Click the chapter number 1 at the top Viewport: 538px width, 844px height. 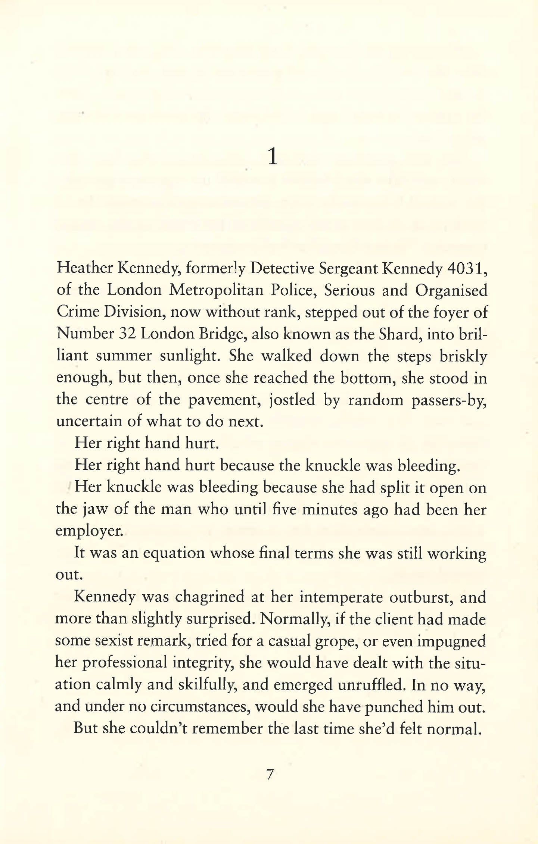tap(273, 157)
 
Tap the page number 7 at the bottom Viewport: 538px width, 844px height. tap(270, 774)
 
